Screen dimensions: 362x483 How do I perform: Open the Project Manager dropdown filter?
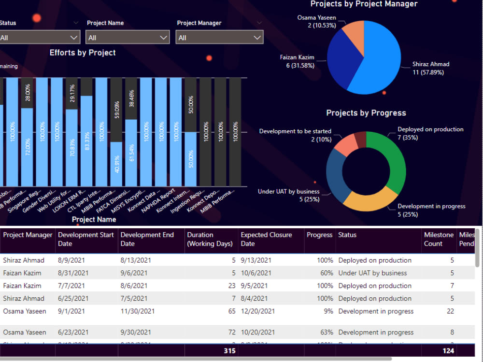[220, 38]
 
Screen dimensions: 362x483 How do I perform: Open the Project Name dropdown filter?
[128, 38]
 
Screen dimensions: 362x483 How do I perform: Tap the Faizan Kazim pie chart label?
[297, 61]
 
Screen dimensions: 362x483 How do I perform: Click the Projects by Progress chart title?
[366, 113]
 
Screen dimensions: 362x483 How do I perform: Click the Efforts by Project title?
[83, 53]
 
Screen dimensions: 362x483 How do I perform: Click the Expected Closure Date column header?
[267, 239]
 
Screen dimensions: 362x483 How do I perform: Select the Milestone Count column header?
[439, 239]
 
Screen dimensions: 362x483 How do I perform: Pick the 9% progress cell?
[328, 311]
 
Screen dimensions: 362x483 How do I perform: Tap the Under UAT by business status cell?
[372, 273]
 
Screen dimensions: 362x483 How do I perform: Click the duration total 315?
[229, 351]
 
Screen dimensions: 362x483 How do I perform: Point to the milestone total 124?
[448, 351]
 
